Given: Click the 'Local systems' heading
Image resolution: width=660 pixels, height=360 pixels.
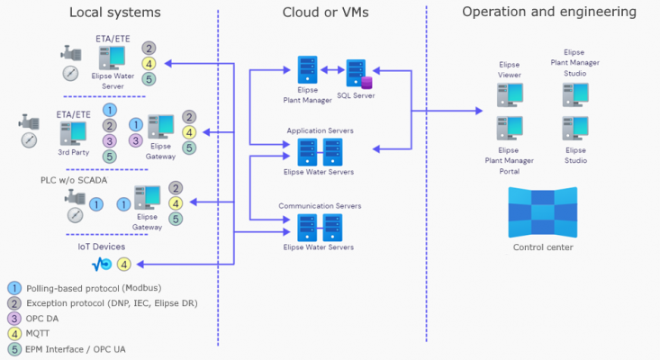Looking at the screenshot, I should coord(114,13).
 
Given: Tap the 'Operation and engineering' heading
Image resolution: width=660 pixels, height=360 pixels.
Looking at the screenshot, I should coord(549,12).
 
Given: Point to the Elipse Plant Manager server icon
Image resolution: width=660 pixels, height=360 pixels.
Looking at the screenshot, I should coord(308,71).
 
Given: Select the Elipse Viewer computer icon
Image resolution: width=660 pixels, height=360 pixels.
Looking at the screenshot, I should coord(510,94).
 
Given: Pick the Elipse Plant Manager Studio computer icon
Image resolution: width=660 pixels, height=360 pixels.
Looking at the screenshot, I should coord(575,94).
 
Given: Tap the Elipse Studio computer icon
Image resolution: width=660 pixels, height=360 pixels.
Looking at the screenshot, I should coord(575,128).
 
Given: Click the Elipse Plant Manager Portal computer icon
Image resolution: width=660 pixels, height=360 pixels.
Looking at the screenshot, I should coord(510,129).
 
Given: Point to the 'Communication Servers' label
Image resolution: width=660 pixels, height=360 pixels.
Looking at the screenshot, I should coord(320,206).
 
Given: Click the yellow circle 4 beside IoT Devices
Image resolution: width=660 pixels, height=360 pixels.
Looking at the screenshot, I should coord(124,265).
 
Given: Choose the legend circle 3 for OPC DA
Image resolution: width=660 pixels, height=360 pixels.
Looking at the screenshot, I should coord(14,319).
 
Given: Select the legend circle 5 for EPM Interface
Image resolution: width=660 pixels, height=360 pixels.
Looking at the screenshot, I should coord(14,347).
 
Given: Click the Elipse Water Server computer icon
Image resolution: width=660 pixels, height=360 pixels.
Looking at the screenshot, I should coord(112,58).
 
